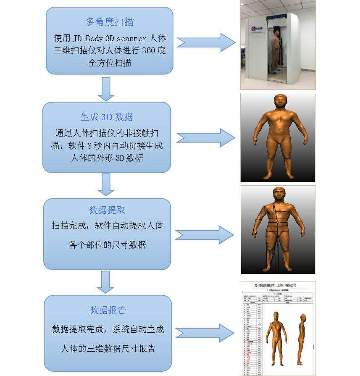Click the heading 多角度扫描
coord(109,22)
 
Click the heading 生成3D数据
coord(107,117)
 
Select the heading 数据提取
coord(107,210)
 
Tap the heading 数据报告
coord(108,310)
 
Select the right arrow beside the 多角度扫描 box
coord(206,42)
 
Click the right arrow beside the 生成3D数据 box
coord(205,138)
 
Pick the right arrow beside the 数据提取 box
coord(205,234)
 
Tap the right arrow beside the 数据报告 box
coord(205,334)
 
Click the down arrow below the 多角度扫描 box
coord(106,89)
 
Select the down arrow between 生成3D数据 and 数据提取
coord(106,184)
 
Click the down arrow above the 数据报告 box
coord(105,281)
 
